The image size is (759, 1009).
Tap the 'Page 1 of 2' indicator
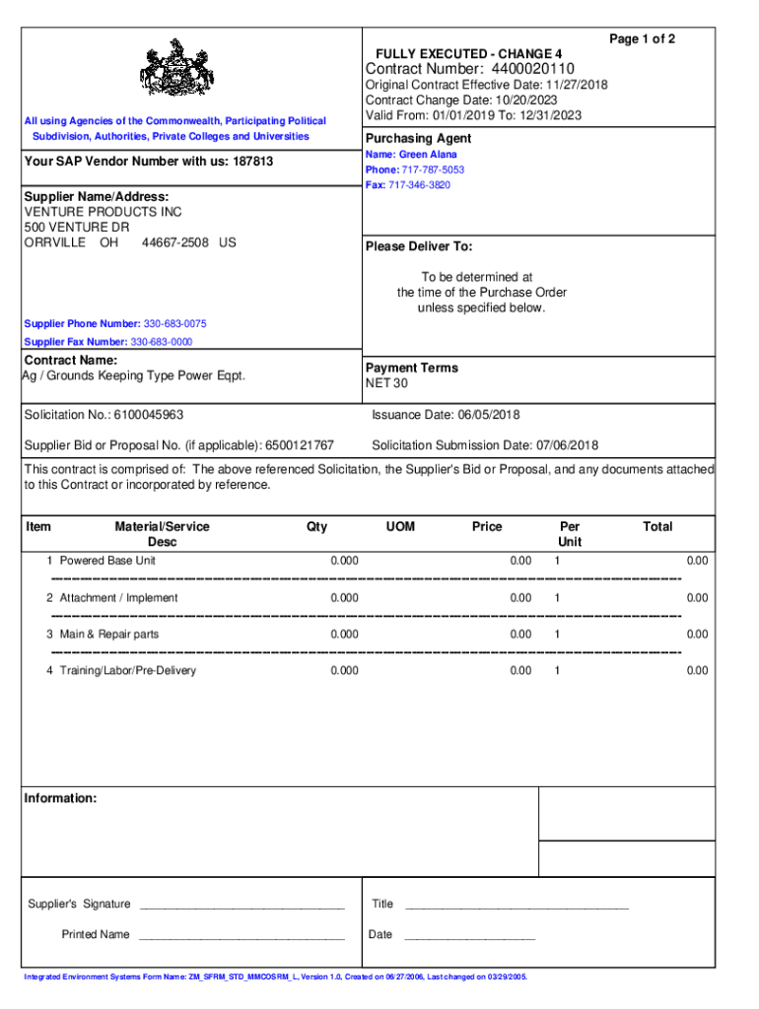click(642, 38)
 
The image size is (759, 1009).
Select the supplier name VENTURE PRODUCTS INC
click(103, 212)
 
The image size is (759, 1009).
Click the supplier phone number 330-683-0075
click(175, 324)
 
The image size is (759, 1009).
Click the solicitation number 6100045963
click(148, 415)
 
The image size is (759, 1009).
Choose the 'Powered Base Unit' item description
click(107, 561)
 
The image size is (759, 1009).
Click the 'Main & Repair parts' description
click(108, 635)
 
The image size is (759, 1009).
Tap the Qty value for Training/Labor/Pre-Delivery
click(344, 671)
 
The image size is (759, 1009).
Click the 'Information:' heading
click(60, 798)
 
